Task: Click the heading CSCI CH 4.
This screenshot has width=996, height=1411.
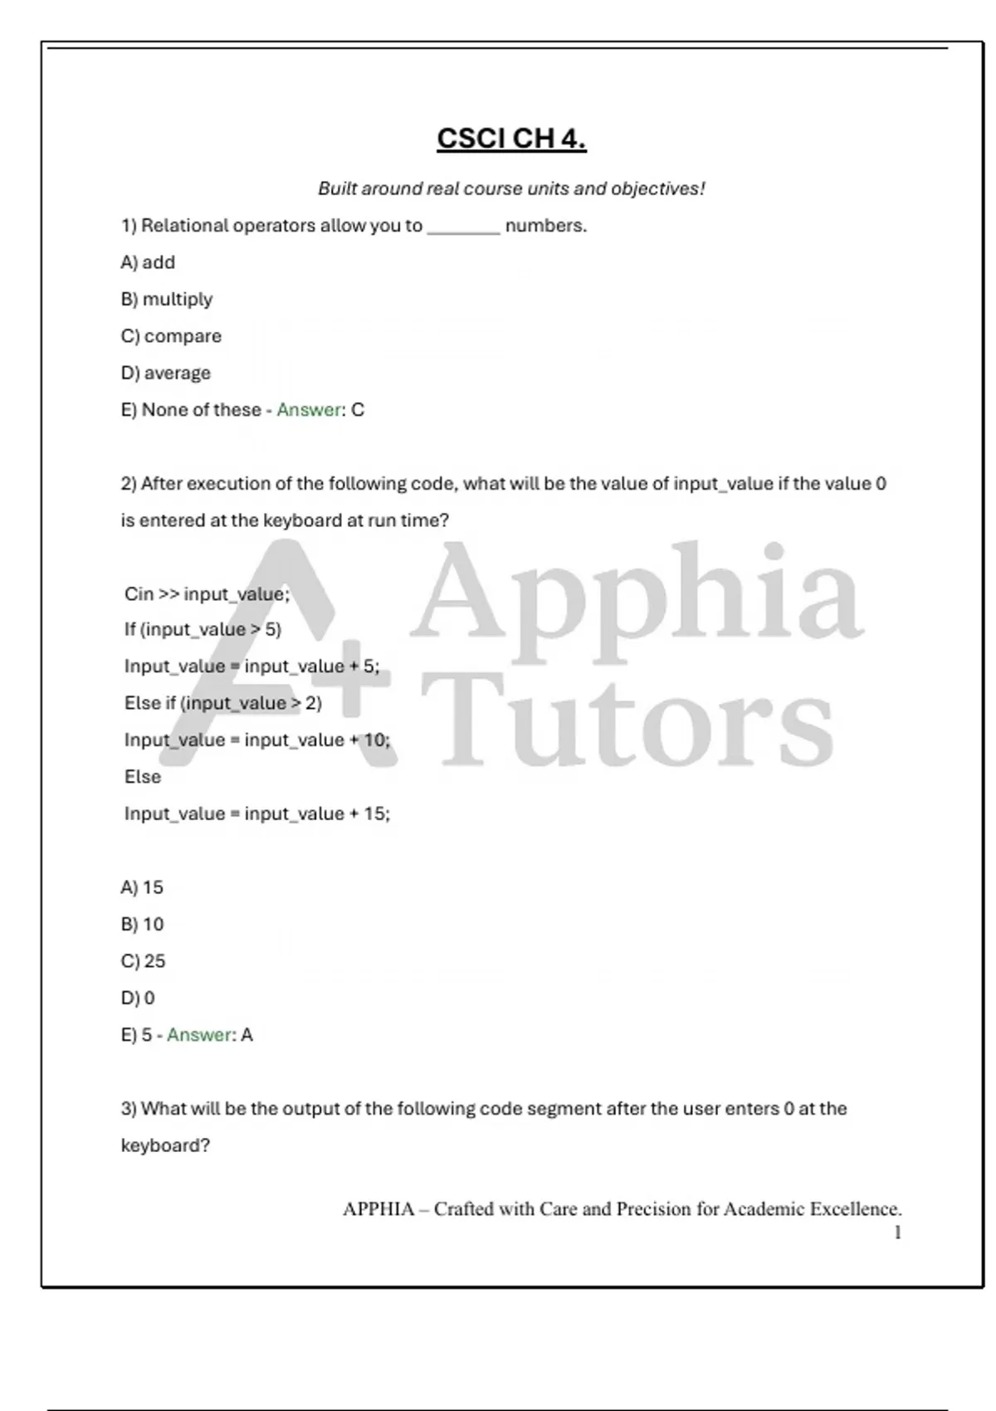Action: click(511, 138)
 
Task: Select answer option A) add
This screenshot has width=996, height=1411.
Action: click(148, 262)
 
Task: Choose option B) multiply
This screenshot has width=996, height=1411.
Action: click(167, 299)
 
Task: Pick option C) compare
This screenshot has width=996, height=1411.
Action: click(171, 336)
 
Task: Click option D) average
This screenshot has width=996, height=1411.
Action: click(166, 373)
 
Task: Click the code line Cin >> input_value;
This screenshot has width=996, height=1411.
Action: click(207, 593)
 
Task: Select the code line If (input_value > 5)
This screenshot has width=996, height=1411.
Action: click(203, 630)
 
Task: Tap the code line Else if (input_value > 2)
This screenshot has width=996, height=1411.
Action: click(222, 703)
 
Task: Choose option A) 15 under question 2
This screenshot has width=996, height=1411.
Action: click(142, 887)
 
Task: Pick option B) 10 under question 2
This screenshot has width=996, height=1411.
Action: click(142, 924)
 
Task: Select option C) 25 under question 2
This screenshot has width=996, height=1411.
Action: click(143, 961)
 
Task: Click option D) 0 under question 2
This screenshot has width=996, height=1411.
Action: click(138, 998)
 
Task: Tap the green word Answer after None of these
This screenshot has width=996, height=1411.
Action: click(309, 410)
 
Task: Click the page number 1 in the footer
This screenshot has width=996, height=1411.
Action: click(897, 1233)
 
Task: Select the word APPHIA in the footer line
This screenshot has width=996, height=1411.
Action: click(378, 1209)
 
